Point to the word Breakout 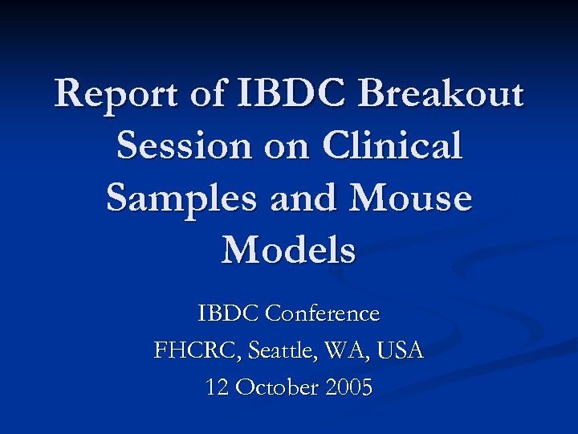pos(441,95)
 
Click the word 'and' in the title pos(301,199)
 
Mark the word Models pos(289,250)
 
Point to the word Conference pos(322,313)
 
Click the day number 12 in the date pos(217,388)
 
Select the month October pos(277,388)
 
